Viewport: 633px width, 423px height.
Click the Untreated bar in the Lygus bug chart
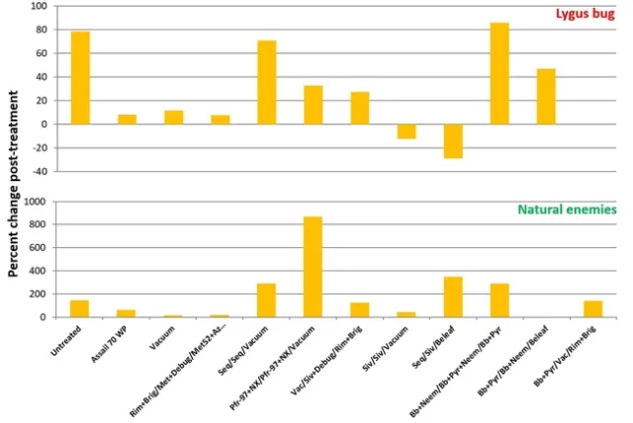click(x=80, y=78)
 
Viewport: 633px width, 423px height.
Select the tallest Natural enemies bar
click(x=313, y=267)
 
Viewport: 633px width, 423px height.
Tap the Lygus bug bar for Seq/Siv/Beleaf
click(x=453, y=140)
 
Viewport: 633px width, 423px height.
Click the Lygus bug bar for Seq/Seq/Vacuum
click(x=266, y=83)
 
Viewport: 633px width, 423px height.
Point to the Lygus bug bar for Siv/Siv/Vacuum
click(x=407, y=131)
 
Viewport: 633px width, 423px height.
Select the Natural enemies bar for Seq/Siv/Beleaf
click(x=453, y=297)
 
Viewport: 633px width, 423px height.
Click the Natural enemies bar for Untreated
click(x=80, y=308)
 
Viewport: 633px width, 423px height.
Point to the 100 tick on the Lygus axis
click(x=40, y=6)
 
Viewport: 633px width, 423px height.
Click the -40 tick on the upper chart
click(x=40, y=171)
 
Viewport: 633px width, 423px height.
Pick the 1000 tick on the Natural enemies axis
click(x=38, y=201)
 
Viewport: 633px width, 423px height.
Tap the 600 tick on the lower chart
click(x=40, y=247)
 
